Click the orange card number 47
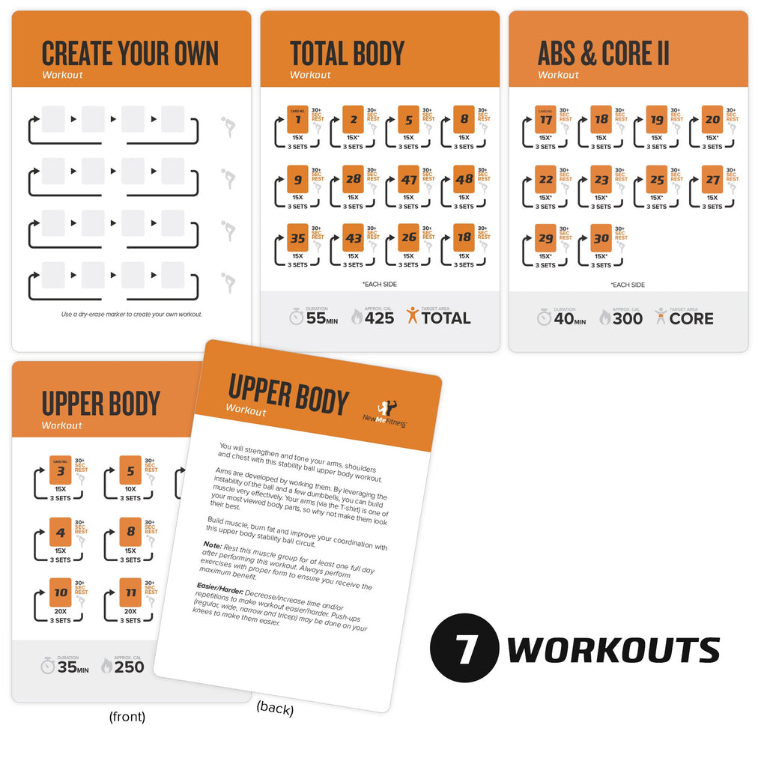[x=408, y=180]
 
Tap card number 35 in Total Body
[x=298, y=238]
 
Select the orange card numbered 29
[x=546, y=238]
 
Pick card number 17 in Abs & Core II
[x=546, y=120]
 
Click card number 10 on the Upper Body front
[x=61, y=592]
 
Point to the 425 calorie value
[x=379, y=318]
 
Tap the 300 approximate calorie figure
[x=627, y=318]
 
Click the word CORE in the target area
[x=691, y=318]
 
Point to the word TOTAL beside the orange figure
[x=446, y=318]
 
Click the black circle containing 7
[x=465, y=648]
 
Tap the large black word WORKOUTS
[x=613, y=649]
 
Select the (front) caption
[x=127, y=717]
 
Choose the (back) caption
[x=275, y=709]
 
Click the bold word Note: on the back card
[x=212, y=545]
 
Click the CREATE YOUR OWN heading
[x=130, y=55]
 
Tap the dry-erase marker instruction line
[x=131, y=314]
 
